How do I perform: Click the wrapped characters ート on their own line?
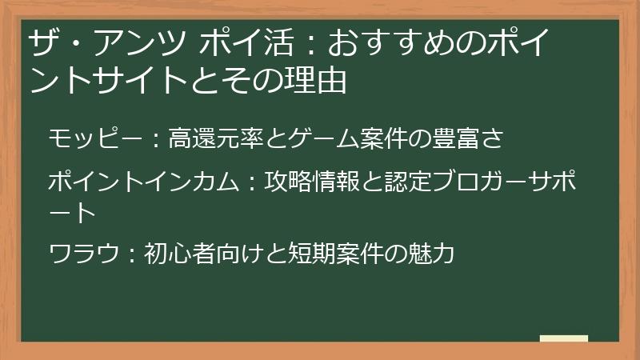tap(71, 212)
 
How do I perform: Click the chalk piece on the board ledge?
tap(563, 338)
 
